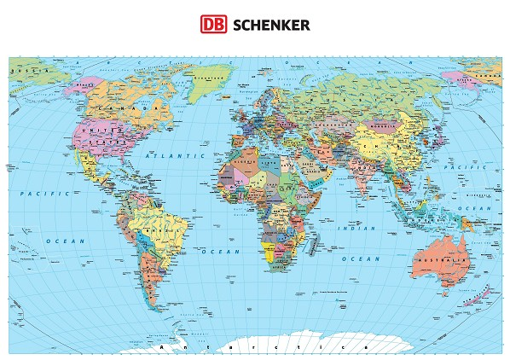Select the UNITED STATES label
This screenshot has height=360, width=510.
tap(97, 134)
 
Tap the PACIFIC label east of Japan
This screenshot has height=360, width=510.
tap(471, 167)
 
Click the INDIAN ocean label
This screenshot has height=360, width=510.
tap(352, 229)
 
